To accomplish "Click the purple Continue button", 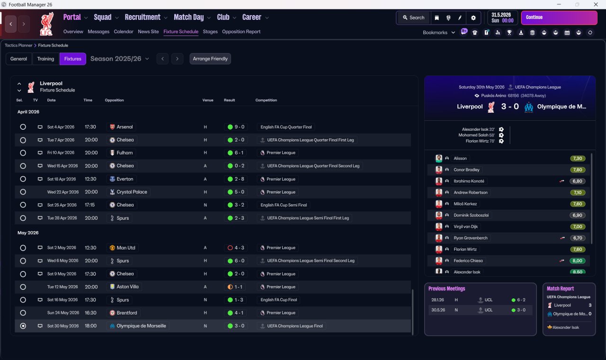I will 559,18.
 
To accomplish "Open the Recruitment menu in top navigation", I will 143,18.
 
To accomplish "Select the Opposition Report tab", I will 241,32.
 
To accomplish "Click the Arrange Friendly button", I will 210,59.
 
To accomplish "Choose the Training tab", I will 45,59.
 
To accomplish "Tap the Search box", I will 413,18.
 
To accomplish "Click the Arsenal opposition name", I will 125,127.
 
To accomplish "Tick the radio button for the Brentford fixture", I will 23,313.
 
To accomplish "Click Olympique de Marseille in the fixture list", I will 141,326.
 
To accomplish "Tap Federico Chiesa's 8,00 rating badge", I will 578,261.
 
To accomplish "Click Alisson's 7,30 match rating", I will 578,159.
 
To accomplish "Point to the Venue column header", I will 208,100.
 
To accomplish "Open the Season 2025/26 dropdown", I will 119,59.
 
